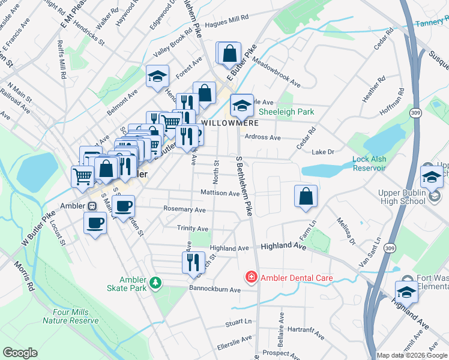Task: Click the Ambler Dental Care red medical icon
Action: (x=250, y=277)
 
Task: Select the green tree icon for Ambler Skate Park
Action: (x=155, y=281)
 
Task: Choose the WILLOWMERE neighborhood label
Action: (x=225, y=122)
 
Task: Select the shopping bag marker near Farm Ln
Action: (x=306, y=196)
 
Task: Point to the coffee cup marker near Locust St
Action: (x=95, y=224)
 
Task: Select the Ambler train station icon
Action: (x=92, y=205)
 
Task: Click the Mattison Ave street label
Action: (x=220, y=193)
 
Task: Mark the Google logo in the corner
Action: (x=20, y=353)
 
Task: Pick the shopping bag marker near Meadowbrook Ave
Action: (x=229, y=53)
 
